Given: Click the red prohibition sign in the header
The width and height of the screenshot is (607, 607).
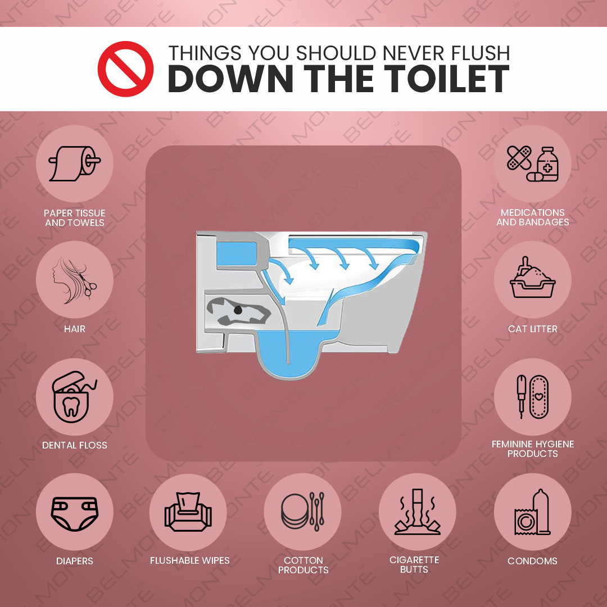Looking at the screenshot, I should [125, 69].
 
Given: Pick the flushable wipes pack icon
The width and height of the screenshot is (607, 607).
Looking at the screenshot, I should [189, 513].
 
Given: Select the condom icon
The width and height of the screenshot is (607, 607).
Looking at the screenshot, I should [532, 513].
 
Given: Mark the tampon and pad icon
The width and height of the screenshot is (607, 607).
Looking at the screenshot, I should [532, 397].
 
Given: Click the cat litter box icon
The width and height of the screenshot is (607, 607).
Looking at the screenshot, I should [532, 280].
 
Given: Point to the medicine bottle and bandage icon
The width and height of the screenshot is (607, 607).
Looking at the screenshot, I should [532, 164].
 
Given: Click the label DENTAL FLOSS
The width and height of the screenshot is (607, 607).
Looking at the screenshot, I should [75, 445].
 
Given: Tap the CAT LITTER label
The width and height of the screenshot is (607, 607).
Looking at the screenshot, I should [532, 329].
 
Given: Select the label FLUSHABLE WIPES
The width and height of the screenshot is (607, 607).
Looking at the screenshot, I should [189, 561].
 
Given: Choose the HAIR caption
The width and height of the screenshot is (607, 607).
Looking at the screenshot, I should [75, 329].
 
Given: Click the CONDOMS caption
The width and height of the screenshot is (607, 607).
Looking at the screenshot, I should [532, 561].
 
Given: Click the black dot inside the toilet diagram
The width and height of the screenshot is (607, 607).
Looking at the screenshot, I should [238, 310].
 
